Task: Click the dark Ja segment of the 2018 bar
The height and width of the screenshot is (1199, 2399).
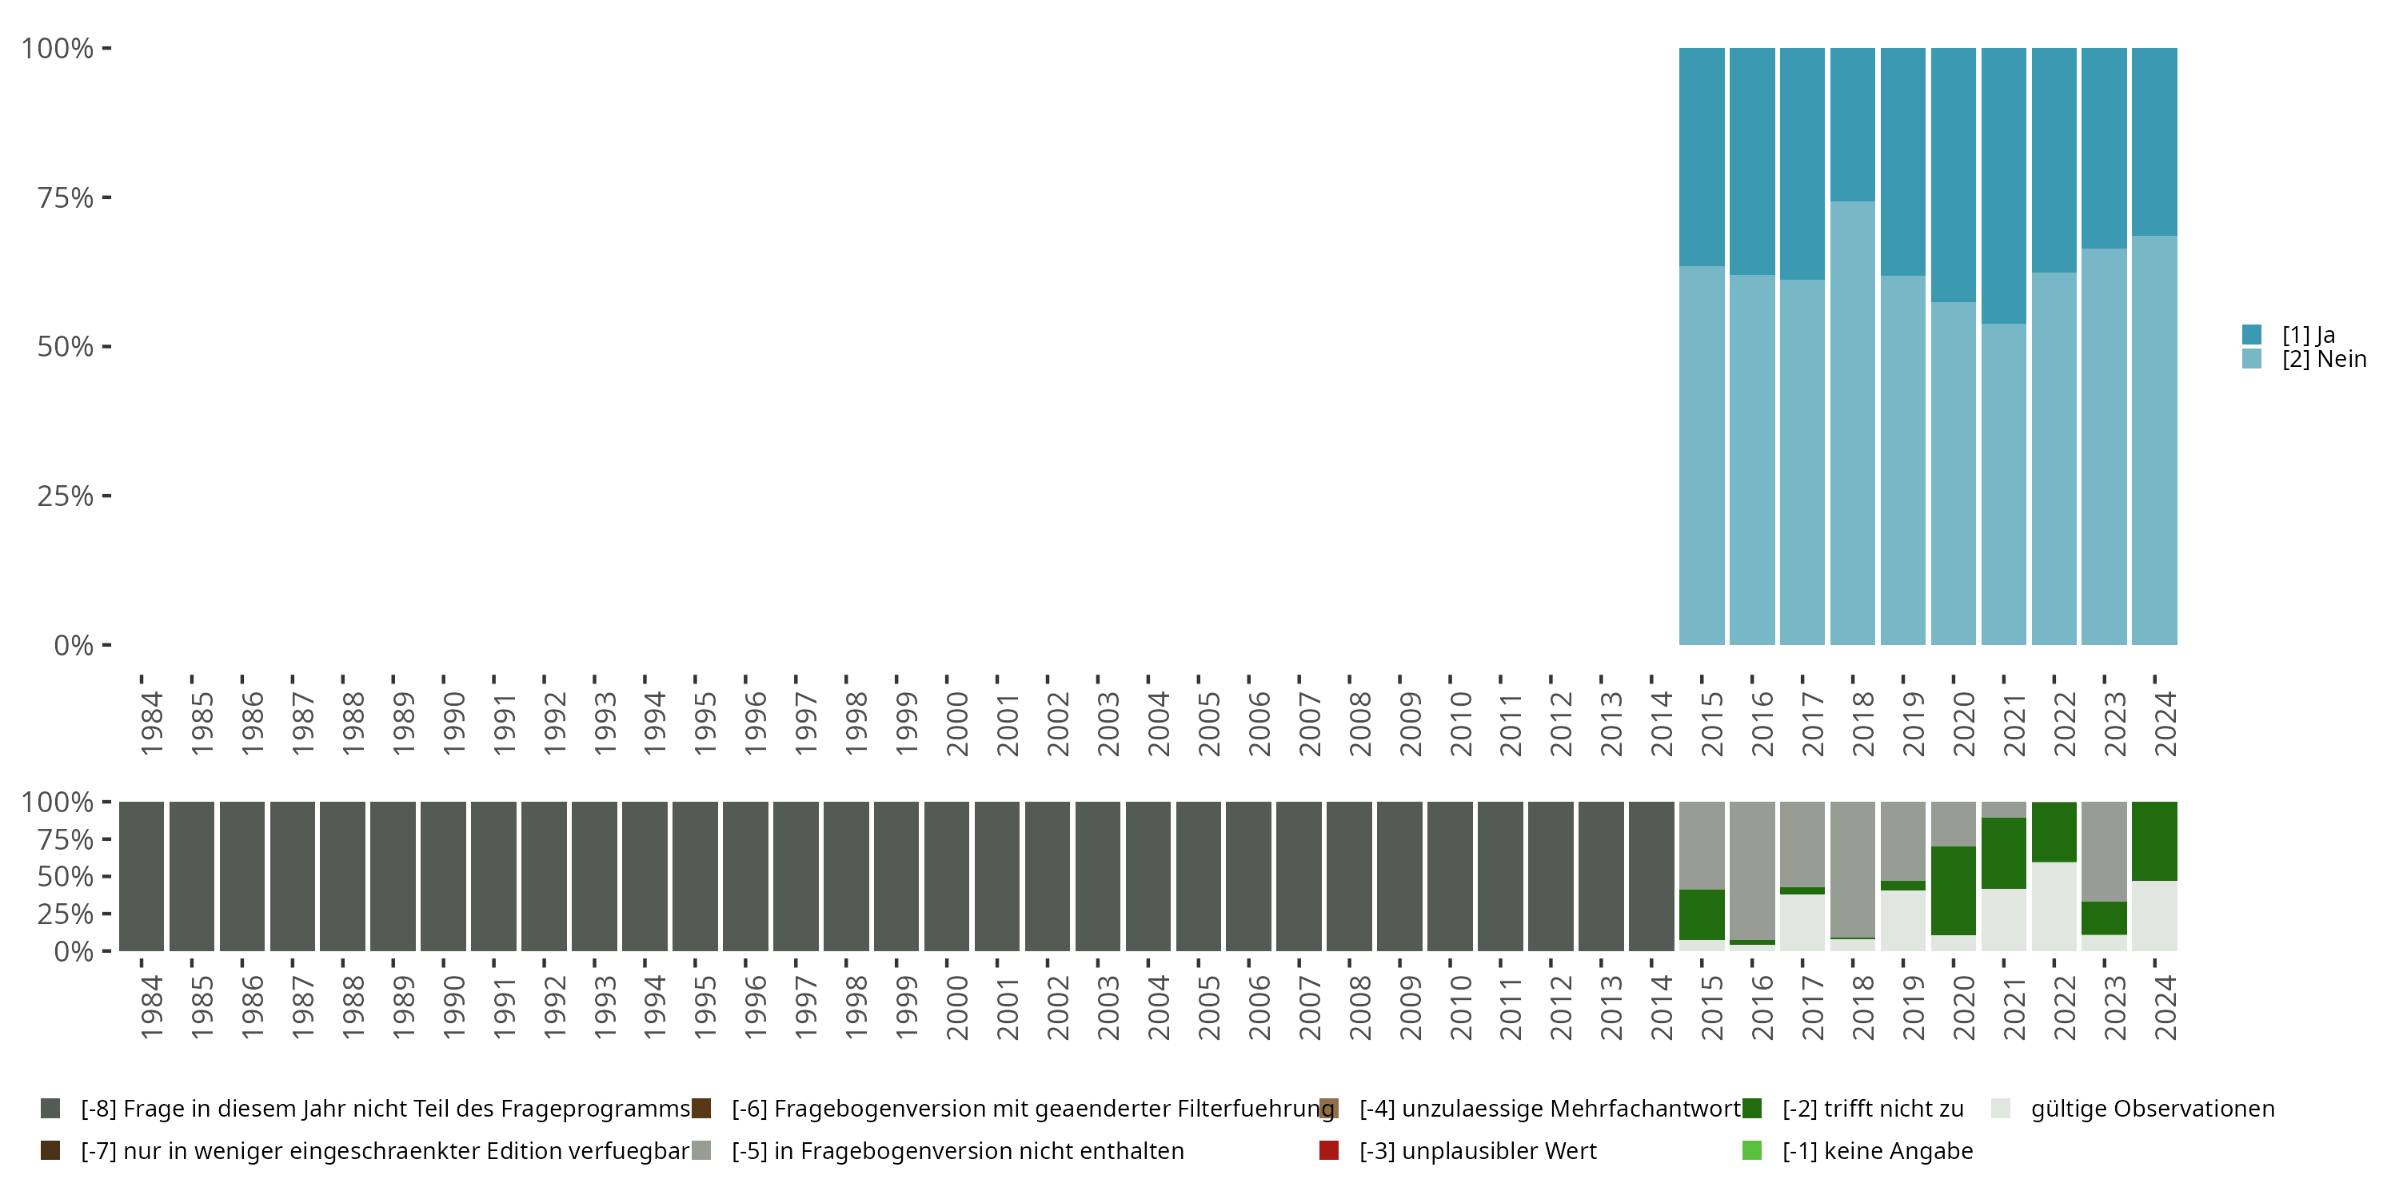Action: tap(1852, 124)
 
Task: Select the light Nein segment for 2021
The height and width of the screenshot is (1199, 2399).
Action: tap(2003, 484)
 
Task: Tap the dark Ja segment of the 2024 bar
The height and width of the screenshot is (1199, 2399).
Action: tap(2154, 141)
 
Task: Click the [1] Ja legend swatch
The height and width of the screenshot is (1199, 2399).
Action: tap(2252, 334)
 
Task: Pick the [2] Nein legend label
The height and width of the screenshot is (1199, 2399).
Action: tap(2324, 360)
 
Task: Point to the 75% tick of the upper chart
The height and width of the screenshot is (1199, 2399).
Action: tap(106, 197)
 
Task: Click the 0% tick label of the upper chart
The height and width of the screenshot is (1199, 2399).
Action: tap(73, 645)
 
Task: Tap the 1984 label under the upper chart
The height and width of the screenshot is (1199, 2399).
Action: tap(151, 723)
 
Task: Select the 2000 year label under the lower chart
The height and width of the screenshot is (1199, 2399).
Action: tap(956, 1007)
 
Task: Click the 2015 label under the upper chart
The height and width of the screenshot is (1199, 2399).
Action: tap(1712, 723)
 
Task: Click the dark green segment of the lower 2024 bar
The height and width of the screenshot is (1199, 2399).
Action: tap(2154, 841)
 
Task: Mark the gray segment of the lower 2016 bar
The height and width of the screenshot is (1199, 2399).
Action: tap(1752, 870)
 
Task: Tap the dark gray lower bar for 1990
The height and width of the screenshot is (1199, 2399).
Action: tap(443, 876)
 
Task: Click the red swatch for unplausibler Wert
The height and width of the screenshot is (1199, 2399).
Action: tap(1329, 1150)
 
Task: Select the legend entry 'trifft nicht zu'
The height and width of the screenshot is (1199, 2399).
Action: tap(1872, 1109)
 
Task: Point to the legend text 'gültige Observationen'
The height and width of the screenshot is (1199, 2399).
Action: tap(2152, 1109)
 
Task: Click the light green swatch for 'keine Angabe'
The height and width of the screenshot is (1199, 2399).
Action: tap(1752, 1150)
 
